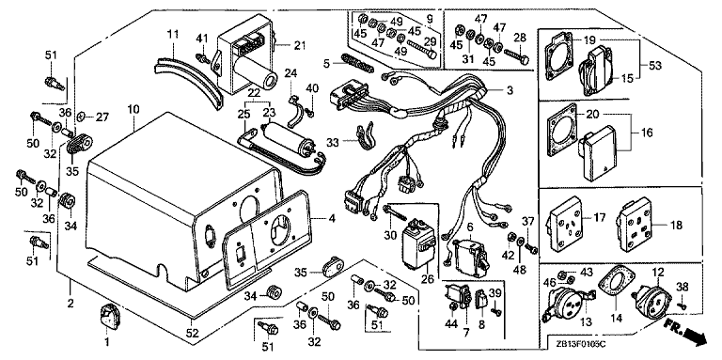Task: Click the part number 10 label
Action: [x=133, y=110]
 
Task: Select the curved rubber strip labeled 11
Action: [x=187, y=78]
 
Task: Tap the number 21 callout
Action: [x=300, y=45]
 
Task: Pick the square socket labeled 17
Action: [x=566, y=224]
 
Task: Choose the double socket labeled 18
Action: [x=635, y=226]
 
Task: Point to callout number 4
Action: [x=332, y=220]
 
